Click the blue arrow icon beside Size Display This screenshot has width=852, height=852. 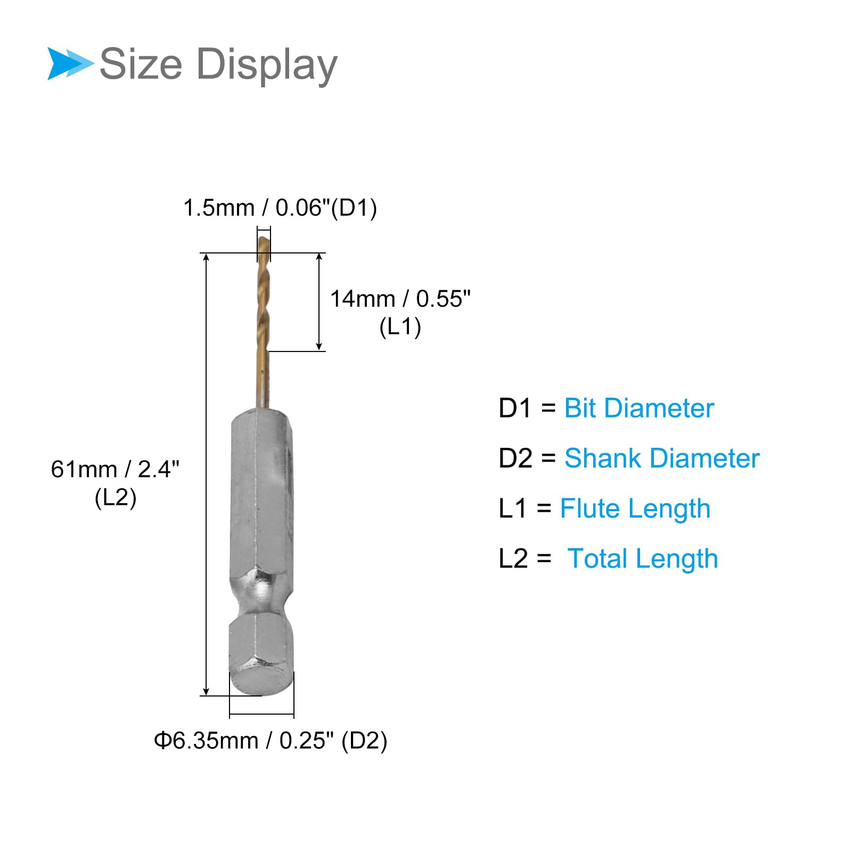(70, 64)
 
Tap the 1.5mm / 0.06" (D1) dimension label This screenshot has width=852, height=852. (280, 208)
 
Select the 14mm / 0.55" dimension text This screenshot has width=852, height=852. (400, 299)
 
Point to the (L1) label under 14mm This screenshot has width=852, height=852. (400, 326)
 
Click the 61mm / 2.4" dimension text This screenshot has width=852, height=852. (115, 470)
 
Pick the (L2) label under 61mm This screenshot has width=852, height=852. (116, 498)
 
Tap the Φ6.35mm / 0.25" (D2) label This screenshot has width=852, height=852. (271, 741)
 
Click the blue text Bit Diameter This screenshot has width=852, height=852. (639, 408)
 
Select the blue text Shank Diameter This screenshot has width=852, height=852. (662, 458)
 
